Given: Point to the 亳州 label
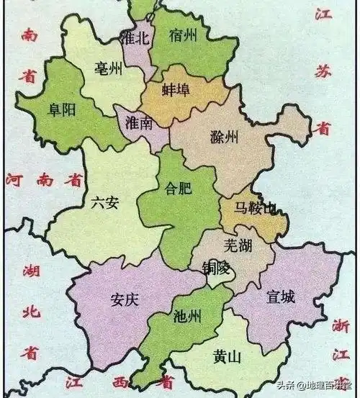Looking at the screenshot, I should (109, 68).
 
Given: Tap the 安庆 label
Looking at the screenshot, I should (126, 299).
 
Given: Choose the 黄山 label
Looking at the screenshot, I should (227, 356).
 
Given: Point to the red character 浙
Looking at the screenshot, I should (342, 325).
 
